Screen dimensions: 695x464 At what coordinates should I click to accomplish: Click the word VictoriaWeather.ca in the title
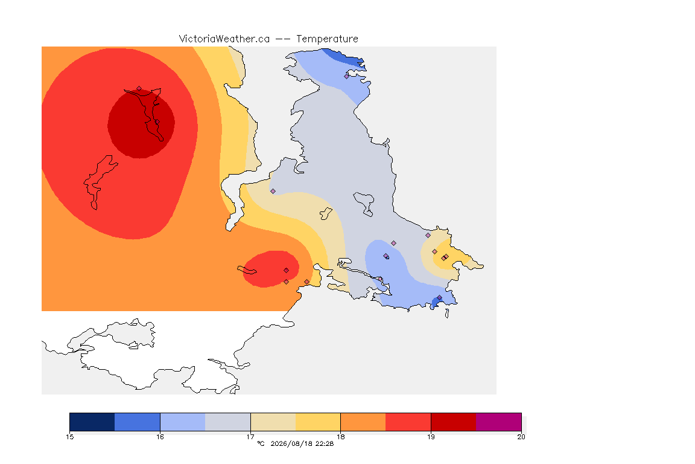point(224,39)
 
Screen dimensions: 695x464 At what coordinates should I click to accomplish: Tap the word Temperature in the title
point(327,39)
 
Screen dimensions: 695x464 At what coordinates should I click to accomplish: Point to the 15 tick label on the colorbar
point(69,437)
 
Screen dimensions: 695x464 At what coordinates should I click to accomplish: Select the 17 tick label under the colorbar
point(250,437)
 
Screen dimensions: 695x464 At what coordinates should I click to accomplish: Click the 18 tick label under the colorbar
point(340,437)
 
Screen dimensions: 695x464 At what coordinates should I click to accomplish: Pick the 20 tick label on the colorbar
point(521,437)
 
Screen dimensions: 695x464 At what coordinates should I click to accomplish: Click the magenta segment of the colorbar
point(499,422)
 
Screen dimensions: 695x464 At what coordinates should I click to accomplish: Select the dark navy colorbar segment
point(92,422)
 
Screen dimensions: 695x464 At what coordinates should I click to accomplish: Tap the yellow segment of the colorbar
point(318,422)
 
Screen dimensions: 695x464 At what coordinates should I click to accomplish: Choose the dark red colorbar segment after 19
point(454,422)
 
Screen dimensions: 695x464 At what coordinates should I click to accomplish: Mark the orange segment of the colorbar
point(363,422)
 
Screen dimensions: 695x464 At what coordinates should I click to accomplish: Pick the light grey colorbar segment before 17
point(228,422)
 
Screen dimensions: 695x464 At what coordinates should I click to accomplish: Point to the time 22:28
point(325,443)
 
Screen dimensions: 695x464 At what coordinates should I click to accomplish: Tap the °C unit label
point(261,443)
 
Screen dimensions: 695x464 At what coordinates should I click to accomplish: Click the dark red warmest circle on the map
point(141,124)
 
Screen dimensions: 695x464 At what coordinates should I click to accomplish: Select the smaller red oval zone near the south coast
point(271,269)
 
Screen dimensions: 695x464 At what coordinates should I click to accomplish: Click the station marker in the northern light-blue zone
point(347,76)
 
